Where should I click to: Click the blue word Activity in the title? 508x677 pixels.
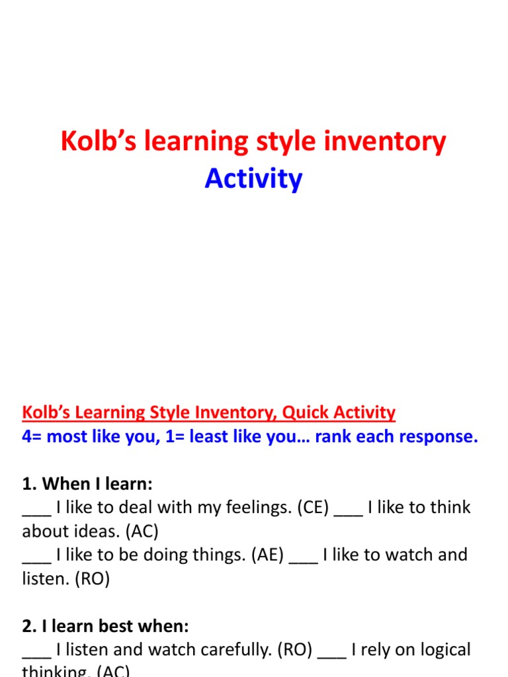(x=253, y=179)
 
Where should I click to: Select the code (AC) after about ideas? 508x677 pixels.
(x=141, y=531)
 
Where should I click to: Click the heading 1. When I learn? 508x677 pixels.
(x=87, y=484)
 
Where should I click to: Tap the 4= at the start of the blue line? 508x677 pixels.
(x=34, y=437)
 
